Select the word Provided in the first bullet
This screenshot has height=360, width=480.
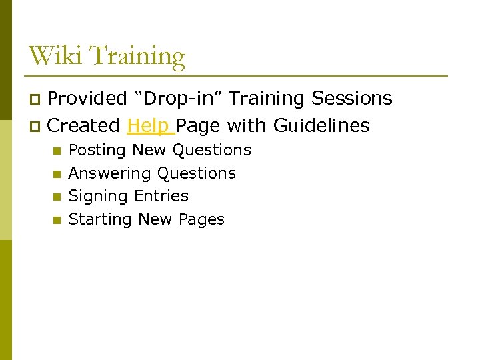coord(87,99)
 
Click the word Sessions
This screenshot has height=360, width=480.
coord(351,99)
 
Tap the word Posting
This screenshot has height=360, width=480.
coord(98,151)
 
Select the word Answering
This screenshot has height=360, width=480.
coord(110,174)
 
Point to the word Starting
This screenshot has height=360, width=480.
coord(101,220)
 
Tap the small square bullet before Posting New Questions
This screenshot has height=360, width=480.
coord(57,151)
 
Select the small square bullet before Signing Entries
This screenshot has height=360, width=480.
coord(57,197)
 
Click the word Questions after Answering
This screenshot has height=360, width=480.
coord(196,173)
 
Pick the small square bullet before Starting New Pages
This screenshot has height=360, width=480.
coord(57,220)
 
